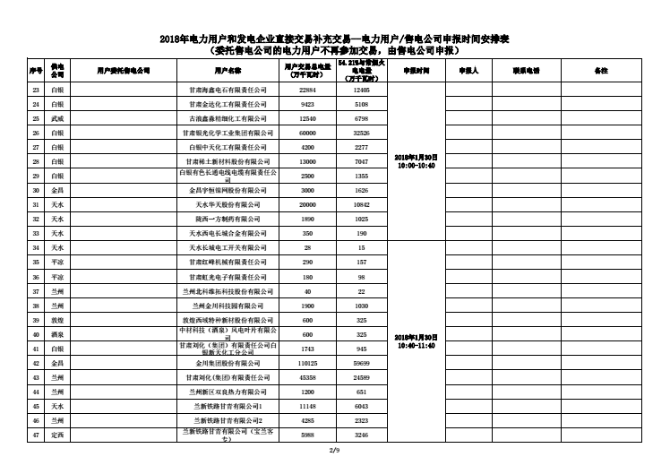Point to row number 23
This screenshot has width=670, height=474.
(36, 90)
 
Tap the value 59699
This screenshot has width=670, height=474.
(361, 363)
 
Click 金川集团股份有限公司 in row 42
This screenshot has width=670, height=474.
(228, 363)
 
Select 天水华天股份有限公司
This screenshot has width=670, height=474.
(228, 204)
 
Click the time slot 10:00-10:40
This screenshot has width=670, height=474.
(416, 166)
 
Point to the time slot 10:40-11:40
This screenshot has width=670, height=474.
(416, 345)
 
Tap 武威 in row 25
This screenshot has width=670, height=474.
(57, 118)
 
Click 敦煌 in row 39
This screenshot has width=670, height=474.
(57, 320)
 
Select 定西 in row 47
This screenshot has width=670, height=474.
(57, 435)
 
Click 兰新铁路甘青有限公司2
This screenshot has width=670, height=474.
(228, 420)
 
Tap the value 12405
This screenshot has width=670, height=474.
(361, 90)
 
